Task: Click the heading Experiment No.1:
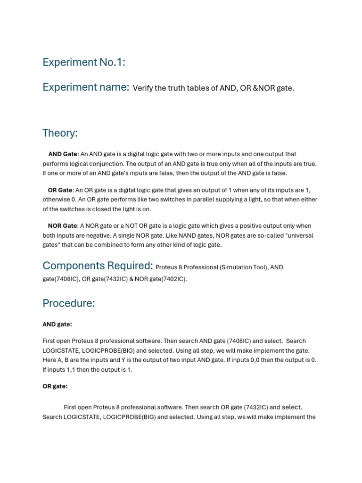(x=84, y=62)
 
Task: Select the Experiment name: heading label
(x=86, y=87)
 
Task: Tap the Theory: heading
(x=60, y=133)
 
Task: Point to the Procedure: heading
(x=69, y=303)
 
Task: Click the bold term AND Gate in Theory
(x=62, y=154)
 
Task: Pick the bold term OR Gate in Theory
(x=60, y=190)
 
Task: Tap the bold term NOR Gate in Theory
(x=62, y=226)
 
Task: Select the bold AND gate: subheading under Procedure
(x=57, y=324)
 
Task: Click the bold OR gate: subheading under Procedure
(x=55, y=386)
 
